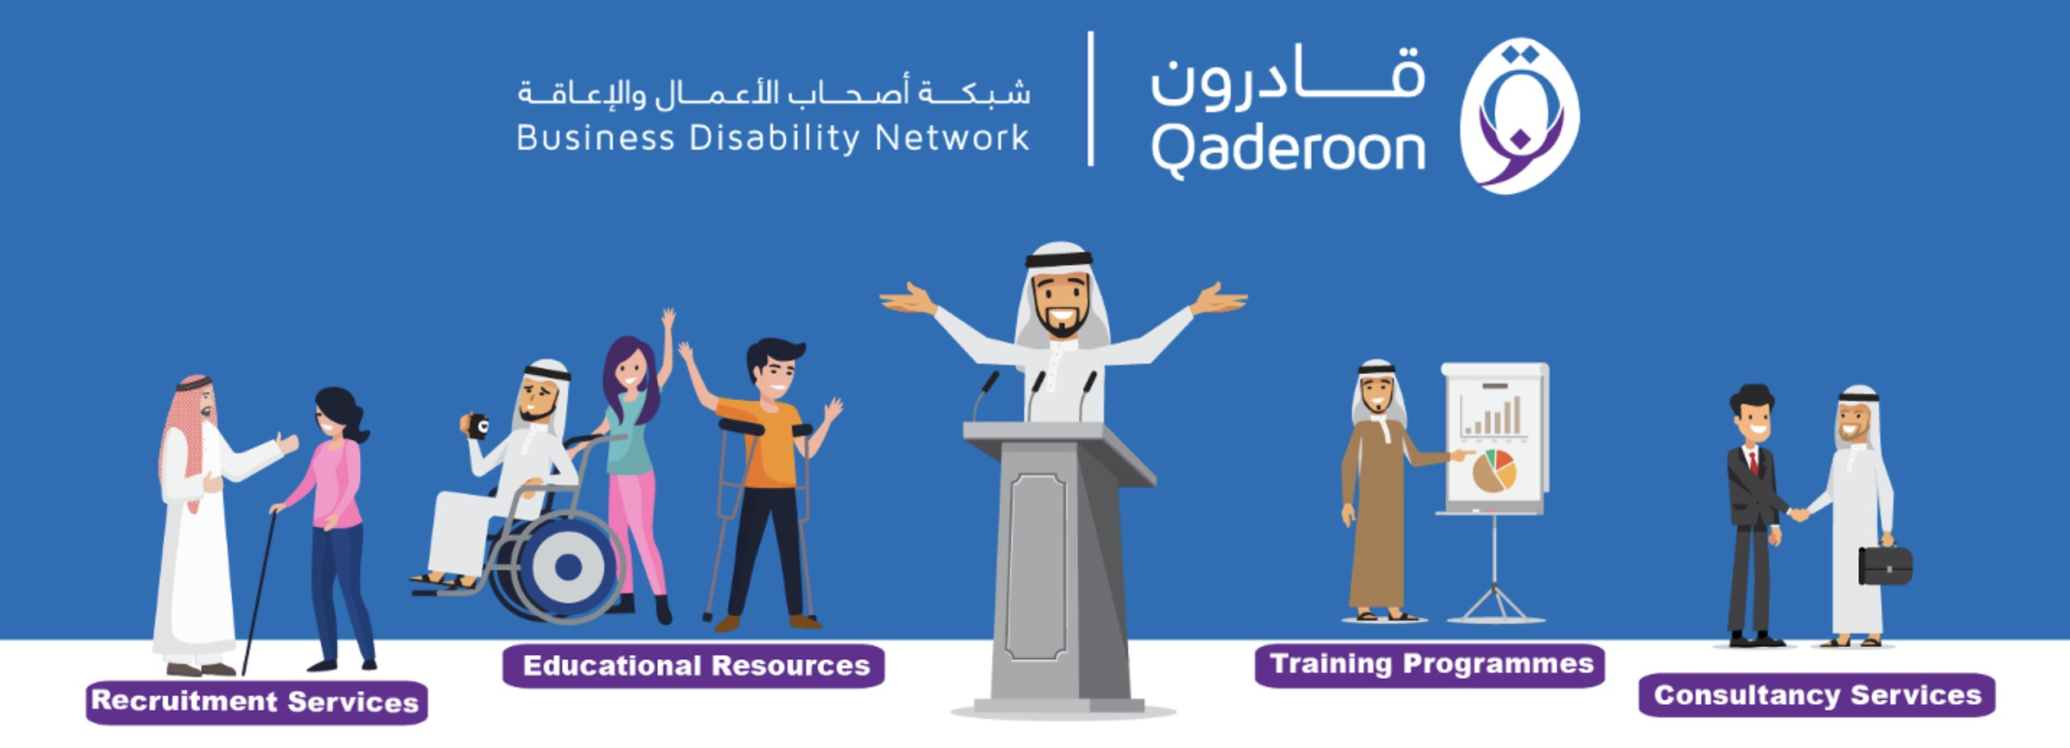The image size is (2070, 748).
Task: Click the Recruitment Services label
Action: pos(257,702)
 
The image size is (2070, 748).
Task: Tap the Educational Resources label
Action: pos(694,666)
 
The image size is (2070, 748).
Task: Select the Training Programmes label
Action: pos(1430,665)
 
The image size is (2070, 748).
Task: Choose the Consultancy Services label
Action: pos(1817,695)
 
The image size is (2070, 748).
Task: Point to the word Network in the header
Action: pos(952,138)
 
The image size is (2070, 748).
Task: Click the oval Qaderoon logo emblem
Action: pos(1520,116)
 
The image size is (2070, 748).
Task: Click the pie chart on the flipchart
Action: pos(1493,471)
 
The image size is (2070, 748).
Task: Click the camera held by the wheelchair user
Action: pos(475,425)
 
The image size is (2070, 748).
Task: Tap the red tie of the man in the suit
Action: pos(1752,462)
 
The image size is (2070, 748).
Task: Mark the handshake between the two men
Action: pos(1799,514)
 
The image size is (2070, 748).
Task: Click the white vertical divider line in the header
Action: pos(1090,99)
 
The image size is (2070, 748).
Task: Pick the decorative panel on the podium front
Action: pos(1036,566)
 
